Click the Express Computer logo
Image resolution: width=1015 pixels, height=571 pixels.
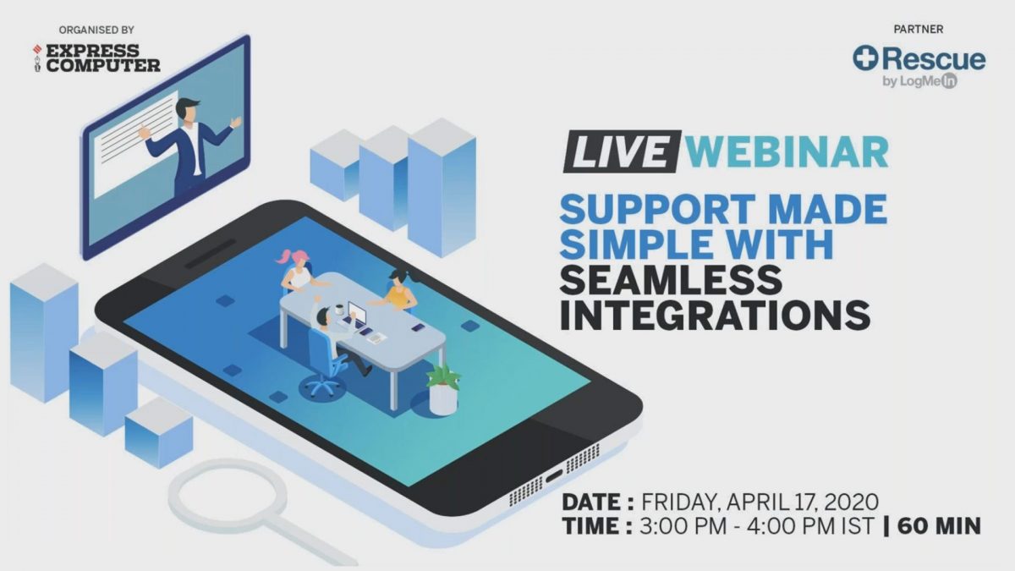tap(96, 58)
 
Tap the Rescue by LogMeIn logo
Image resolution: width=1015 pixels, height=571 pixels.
tap(919, 66)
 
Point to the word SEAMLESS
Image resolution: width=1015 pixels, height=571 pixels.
tap(671, 280)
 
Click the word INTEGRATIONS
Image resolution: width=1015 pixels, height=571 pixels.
tap(715, 315)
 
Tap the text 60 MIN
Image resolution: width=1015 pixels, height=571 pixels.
tap(939, 526)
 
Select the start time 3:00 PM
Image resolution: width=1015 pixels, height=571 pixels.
tap(683, 526)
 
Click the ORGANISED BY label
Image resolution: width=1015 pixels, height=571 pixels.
tap(96, 30)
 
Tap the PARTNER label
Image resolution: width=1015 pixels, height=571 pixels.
tap(919, 30)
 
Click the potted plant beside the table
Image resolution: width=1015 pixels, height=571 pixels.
tap(442, 389)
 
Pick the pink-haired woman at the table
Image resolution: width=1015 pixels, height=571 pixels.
tap(297, 270)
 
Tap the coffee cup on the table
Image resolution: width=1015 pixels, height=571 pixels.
tap(339, 310)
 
